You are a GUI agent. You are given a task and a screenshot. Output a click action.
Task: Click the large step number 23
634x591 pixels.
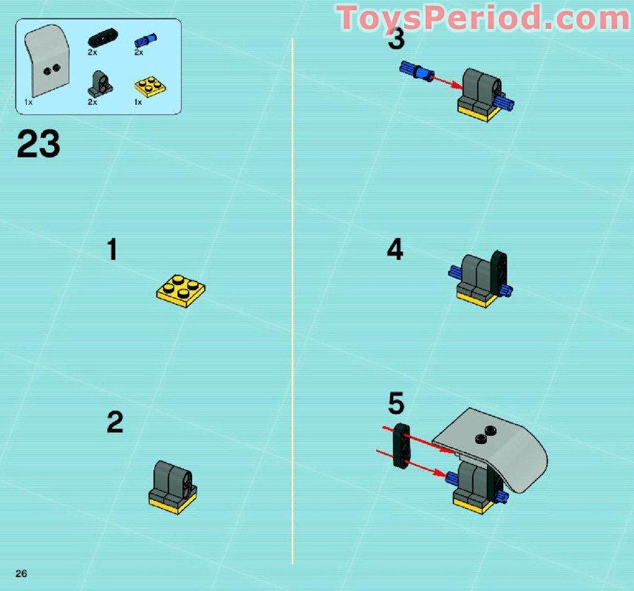coord(38,144)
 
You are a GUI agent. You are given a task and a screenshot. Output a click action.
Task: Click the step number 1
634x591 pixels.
coord(112,250)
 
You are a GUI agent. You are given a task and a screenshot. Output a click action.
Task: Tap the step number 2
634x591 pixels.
coord(115,423)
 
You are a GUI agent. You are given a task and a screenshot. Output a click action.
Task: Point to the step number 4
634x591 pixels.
coord(395,250)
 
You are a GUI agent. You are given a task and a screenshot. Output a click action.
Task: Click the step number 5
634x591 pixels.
coord(397,404)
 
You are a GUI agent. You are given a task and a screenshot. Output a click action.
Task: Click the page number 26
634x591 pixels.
coord(21,574)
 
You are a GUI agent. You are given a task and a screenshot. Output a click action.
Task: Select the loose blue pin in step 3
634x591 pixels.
coord(415,71)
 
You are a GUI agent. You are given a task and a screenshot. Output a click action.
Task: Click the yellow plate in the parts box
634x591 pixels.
coord(148,87)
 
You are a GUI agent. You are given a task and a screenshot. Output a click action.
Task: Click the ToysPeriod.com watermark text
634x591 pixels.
coord(483,17)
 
